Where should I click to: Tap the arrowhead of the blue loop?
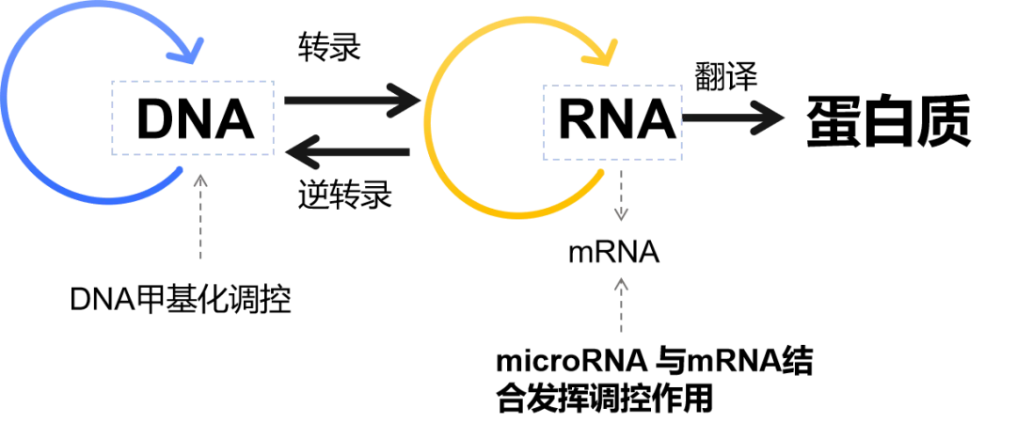pos(191,52)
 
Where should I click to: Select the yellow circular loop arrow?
pos(428,122)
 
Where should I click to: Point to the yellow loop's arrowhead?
pos(602,54)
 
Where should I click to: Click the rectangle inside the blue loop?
pos(192,117)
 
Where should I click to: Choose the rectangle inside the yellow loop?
pos(612,124)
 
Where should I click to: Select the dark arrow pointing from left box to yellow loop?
pos(348,97)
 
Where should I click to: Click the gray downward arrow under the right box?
pos(620,193)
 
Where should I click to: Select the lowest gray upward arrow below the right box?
pos(620,305)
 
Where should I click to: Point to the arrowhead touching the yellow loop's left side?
pos(405,98)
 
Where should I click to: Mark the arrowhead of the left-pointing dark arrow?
pos(301,151)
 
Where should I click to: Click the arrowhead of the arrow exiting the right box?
pos(767,118)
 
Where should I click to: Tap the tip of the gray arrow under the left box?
pos(198,177)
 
